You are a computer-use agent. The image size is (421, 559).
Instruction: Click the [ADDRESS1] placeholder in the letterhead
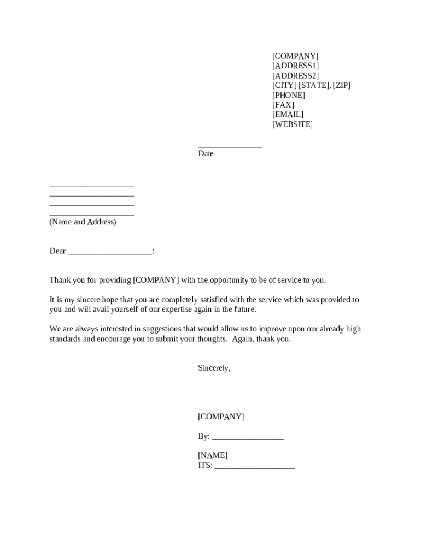coord(295,66)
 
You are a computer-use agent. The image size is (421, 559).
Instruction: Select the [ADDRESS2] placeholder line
coord(295,76)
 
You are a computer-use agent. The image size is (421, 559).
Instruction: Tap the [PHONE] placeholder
coord(289,96)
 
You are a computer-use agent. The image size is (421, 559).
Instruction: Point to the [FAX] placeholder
coord(283,105)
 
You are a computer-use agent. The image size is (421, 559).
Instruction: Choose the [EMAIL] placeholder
coord(288,115)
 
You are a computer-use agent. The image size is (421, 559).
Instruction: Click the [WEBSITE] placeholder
coord(293,124)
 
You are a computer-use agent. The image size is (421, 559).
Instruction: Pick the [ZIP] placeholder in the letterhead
coord(342,86)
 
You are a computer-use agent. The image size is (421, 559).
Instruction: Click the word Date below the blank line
coord(206,154)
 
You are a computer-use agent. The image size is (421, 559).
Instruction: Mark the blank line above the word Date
coord(230,146)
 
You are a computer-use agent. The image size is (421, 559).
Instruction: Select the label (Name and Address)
coord(83,222)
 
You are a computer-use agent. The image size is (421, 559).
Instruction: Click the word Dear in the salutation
coord(57,251)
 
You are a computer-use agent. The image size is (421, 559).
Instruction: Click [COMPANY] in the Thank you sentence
coord(156,281)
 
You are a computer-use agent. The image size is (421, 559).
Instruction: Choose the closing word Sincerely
coord(214,368)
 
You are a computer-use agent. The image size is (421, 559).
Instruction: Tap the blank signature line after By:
coord(248,438)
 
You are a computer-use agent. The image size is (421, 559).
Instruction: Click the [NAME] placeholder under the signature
coord(213,456)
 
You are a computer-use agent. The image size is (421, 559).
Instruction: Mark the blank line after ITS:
coord(255,467)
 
